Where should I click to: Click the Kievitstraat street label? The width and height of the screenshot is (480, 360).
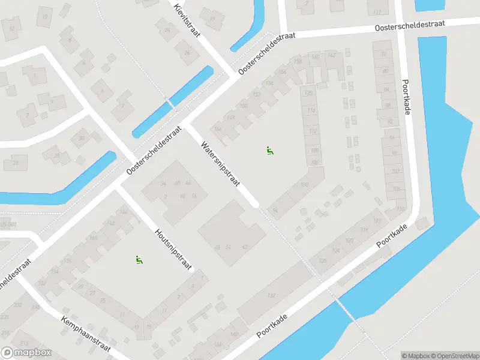tap(188, 20)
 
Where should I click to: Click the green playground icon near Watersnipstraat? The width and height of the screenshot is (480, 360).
tap(270, 151)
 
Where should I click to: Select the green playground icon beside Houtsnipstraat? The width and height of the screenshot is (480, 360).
tap(139, 260)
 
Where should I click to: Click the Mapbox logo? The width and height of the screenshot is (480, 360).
tap(26, 353)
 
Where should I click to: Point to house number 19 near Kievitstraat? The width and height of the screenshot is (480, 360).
tap(212, 18)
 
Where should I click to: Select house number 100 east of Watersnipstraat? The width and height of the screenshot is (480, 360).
tap(304, 184)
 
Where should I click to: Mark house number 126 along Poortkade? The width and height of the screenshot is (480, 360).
tap(323, 260)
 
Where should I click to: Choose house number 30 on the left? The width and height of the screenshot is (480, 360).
tap(81, 137)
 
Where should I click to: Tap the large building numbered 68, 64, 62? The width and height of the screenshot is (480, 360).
tap(231, 231)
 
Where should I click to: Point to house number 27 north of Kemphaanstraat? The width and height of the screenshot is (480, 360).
tap(92, 293)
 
